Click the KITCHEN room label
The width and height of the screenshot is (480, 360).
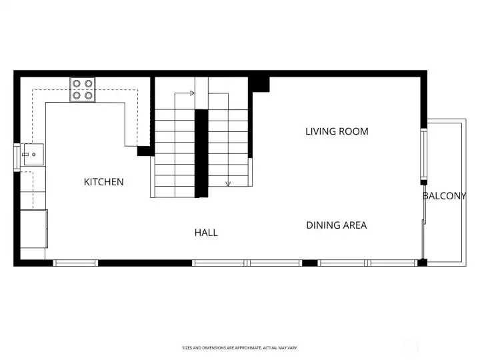tap(104, 182)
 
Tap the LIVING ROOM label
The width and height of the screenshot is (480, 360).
tap(337, 131)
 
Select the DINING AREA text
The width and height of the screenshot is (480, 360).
tap(337, 225)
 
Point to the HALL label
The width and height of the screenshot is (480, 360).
tap(206, 233)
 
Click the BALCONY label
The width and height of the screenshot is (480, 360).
tap(445, 196)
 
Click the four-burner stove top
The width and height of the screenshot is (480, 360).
tap(83, 89)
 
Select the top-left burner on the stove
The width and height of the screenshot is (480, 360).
tap(77, 83)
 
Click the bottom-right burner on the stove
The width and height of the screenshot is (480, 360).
tap(89, 95)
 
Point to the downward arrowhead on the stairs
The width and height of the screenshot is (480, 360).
tap(228, 184)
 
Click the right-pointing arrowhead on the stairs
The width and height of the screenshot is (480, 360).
tap(192, 93)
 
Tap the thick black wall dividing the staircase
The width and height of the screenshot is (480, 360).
tap(201, 153)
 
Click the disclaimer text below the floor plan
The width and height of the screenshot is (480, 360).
tap(240, 348)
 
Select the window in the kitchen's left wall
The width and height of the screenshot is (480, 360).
tap(17, 157)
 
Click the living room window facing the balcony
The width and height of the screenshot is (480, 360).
tap(424, 154)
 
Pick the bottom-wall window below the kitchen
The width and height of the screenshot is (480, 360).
tap(75, 263)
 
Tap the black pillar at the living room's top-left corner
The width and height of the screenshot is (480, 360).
tap(259, 85)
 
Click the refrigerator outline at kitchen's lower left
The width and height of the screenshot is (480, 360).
tap(34, 229)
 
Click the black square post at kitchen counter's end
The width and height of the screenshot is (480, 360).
tap(143, 151)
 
